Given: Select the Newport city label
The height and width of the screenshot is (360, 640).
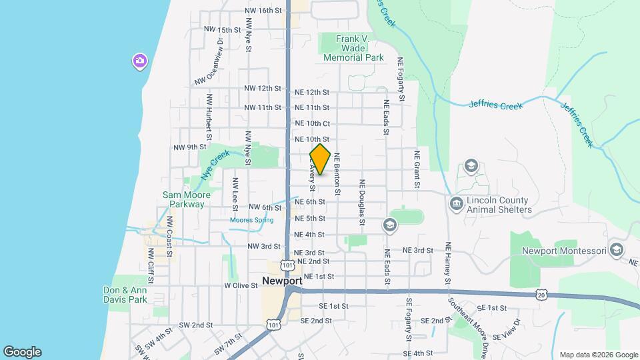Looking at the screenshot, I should coord(282,281).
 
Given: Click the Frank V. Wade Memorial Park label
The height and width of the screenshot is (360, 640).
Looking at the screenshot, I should coord(353,49).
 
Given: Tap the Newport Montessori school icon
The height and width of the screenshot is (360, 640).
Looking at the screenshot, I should coord(616,251).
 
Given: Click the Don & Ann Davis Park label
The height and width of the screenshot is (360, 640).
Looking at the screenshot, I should coord(125,295).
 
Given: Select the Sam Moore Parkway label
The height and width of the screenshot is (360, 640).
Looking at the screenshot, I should coord(187,199).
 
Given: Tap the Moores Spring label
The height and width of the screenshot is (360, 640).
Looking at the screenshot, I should coord(252,220).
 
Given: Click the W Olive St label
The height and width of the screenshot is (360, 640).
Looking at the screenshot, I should coord(241,285).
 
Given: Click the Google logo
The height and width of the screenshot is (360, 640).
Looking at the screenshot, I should coord(22,352).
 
